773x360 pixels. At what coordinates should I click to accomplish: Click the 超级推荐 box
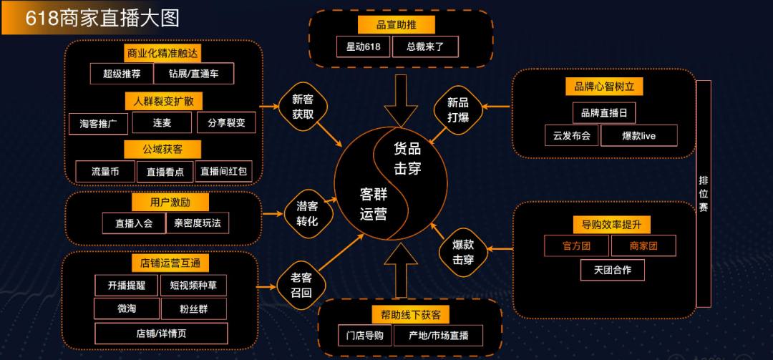122,74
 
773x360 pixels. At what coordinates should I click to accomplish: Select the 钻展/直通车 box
194,74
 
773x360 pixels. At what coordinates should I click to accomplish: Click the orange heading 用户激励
170,203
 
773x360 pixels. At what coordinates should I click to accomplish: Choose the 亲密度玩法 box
198,223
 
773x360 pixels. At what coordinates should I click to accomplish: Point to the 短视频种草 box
193,285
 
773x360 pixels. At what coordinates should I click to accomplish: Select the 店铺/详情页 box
161,334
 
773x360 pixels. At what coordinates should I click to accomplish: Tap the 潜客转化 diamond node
308,214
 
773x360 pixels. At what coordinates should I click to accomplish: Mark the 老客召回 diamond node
302,286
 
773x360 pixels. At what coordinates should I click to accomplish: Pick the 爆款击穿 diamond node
463,252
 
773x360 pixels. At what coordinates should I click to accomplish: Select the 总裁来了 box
425,47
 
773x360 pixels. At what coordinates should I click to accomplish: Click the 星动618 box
364,47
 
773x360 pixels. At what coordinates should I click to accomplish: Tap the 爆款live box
639,135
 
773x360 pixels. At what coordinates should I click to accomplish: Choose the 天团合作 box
612,270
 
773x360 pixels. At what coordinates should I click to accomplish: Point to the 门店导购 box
365,336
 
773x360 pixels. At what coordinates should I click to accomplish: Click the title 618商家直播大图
102,19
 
